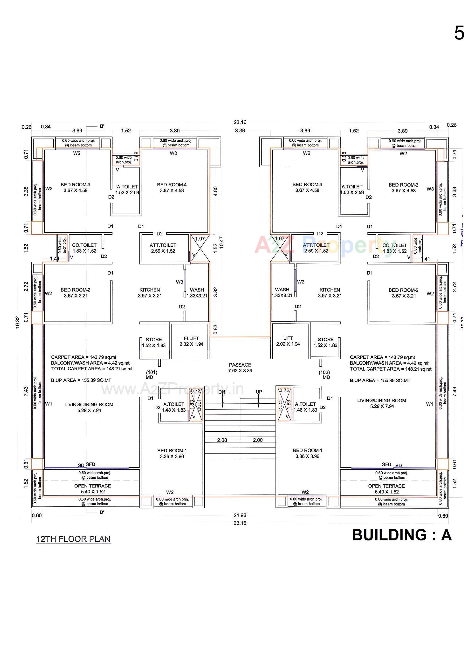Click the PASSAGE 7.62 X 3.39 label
240,367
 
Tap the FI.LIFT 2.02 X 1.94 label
191,341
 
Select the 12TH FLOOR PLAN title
73,539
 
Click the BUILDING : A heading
402,535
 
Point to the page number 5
459,33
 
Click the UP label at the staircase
259,392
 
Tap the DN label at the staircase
221,392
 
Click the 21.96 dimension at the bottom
240,515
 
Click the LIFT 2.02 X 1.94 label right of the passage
288,341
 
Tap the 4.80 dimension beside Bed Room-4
215,191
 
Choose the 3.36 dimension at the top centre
240,131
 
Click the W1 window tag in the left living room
49,404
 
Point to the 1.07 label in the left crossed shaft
200,239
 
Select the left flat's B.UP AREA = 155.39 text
81,380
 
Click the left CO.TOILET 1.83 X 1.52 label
84,248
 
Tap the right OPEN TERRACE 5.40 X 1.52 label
386,489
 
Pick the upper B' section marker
102,126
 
